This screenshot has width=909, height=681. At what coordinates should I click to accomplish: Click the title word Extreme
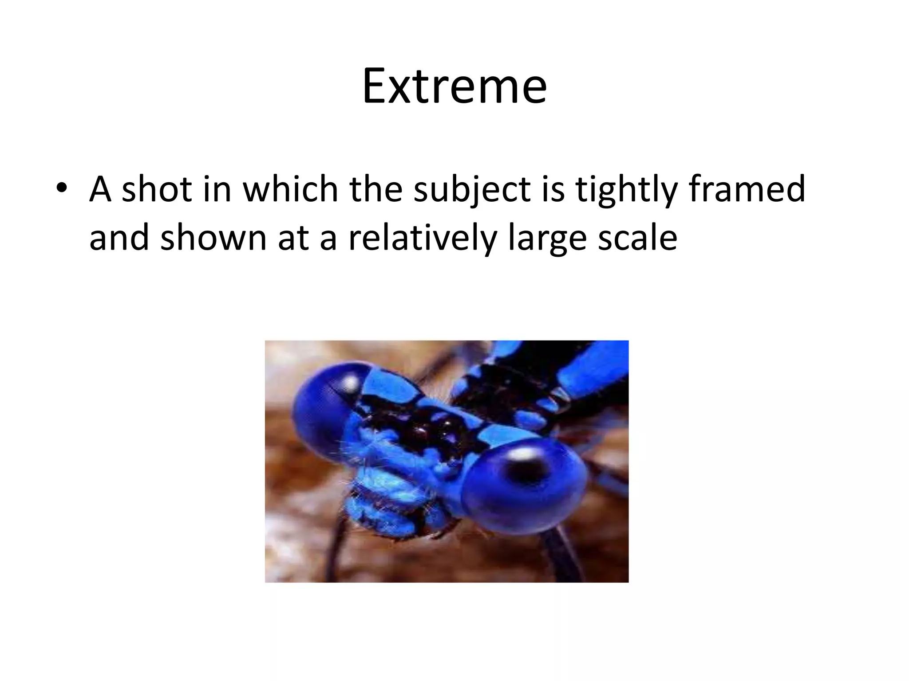(454, 86)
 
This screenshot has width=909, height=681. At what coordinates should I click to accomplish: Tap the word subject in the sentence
(472, 190)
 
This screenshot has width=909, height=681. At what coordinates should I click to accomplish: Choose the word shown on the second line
(213, 238)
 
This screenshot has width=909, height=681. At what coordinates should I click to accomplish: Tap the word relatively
(422, 238)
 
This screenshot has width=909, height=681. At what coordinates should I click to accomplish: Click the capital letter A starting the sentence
(100, 189)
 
